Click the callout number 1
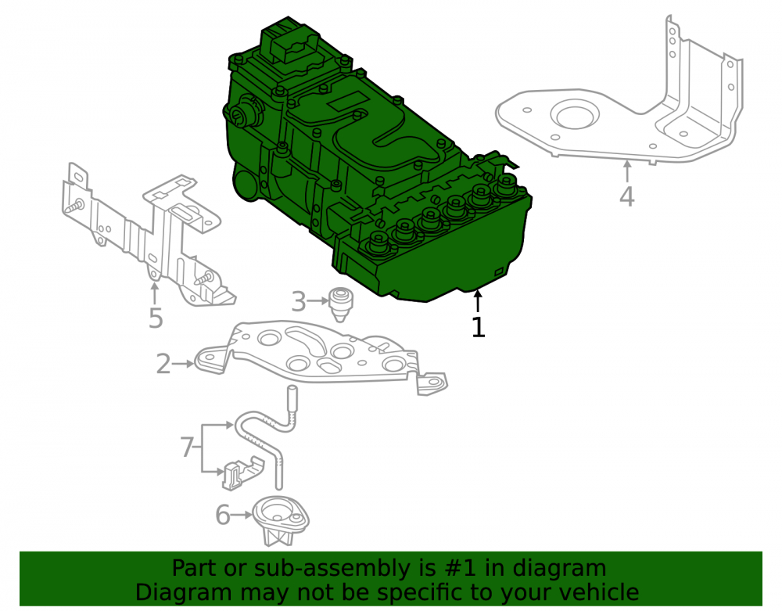click(x=478, y=327)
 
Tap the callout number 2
click(x=163, y=364)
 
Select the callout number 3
click(x=298, y=302)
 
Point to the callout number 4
click(x=627, y=196)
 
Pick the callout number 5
click(x=156, y=318)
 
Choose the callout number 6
click(x=223, y=515)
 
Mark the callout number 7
click(x=187, y=447)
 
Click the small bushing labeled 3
click(x=339, y=304)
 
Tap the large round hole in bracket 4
click(x=573, y=117)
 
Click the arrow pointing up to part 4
click(x=627, y=171)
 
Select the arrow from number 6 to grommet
click(x=242, y=515)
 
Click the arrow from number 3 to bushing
click(x=317, y=301)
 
